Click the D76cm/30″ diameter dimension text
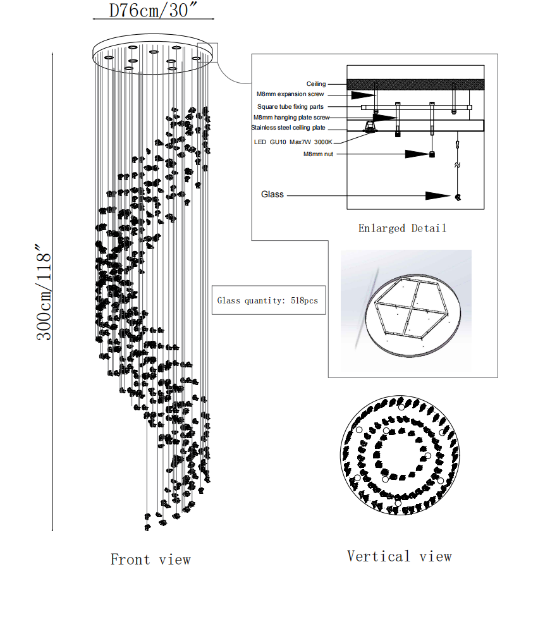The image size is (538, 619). coord(150,11)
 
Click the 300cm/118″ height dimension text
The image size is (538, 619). coord(44,292)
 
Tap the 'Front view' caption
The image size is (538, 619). coord(150,560)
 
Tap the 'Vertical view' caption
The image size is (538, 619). coord(400,556)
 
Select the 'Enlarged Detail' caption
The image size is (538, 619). coord(402,228)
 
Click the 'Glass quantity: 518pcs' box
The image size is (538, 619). coord(269,300)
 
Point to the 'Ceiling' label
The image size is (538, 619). coord(316,84)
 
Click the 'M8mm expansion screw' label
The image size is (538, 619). coord(290,95)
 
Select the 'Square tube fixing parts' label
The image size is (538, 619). coord(290,107)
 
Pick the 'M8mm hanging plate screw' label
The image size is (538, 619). coord(291,118)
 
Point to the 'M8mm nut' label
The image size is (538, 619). coord(318,154)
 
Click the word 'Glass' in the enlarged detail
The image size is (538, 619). coord(272,195)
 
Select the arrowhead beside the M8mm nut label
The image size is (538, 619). coord(417,154)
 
